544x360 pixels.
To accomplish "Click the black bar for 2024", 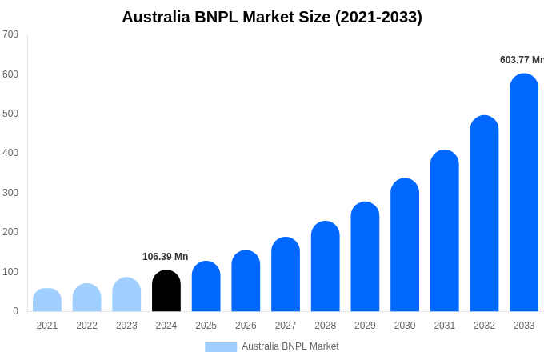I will (166, 291).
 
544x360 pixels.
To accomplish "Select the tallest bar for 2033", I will (524, 193).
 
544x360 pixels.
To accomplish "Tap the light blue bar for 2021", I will (47, 300).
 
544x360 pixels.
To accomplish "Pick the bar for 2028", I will (325, 266).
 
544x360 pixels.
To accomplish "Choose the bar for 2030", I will (405, 245).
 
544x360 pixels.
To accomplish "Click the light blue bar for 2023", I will (126, 294).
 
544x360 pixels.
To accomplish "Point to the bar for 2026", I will (246, 281).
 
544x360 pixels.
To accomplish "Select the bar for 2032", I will (484, 214).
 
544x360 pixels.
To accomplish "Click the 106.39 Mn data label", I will (165, 257).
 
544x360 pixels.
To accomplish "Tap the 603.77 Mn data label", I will (522, 60).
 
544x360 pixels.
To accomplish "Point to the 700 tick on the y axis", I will (10, 34).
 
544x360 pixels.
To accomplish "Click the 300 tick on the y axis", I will (10, 193).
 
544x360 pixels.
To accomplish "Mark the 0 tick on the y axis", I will (15, 311).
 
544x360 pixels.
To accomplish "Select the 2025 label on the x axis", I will (206, 326).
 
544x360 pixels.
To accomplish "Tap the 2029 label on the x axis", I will (365, 326).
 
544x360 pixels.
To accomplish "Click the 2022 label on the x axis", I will (86, 326).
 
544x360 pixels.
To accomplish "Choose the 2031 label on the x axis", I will (444, 326).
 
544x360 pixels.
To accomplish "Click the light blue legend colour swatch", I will (221, 347).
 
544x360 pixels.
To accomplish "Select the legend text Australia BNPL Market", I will (290, 346).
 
